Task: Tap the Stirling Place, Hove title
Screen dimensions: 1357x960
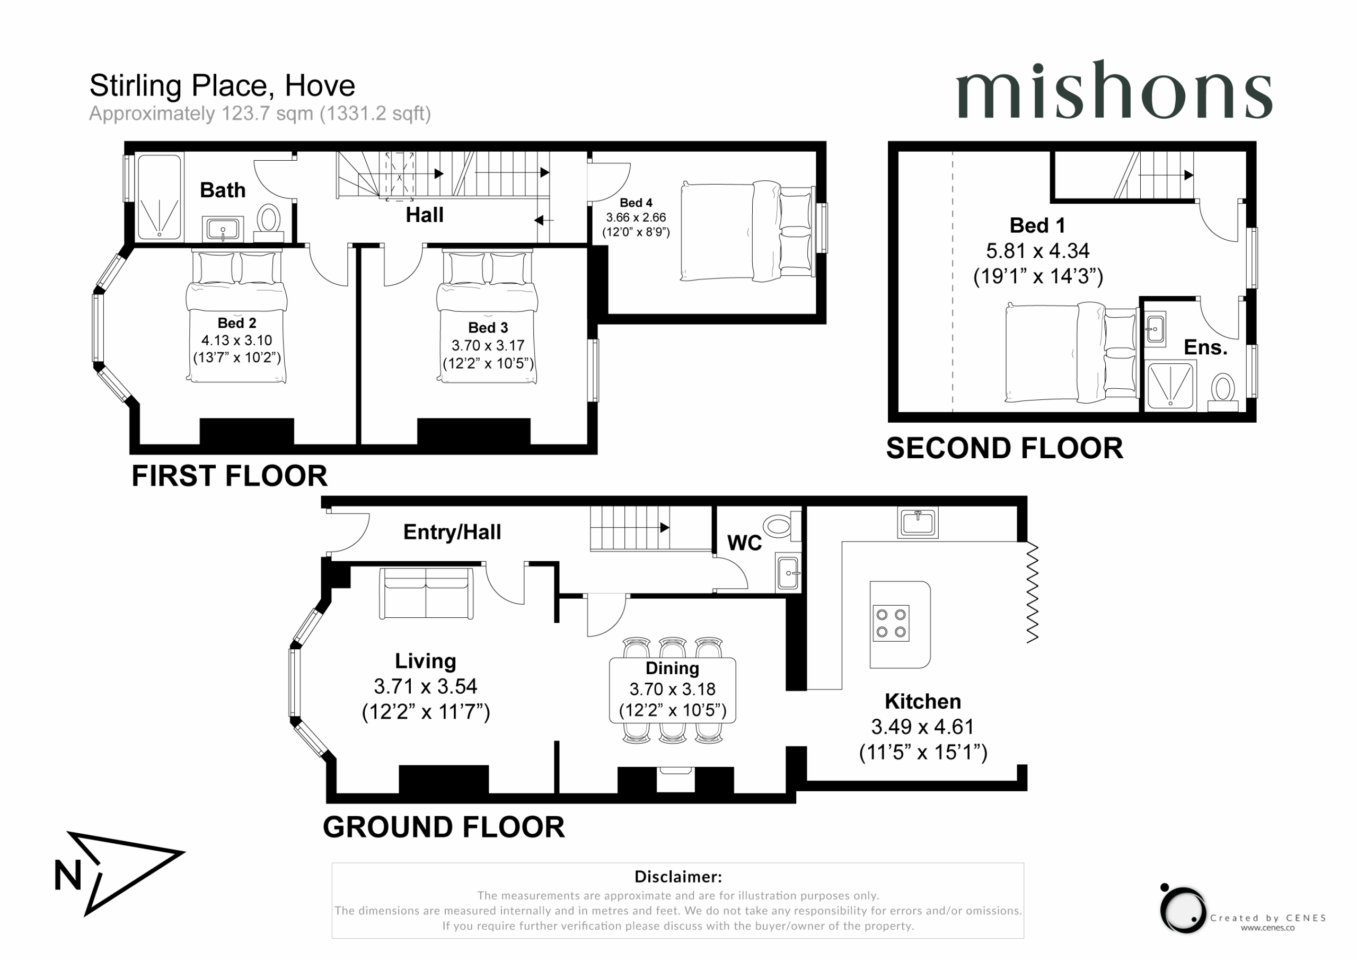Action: pyautogui.click(x=222, y=86)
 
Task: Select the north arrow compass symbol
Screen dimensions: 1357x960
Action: pyautogui.click(x=118, y=873)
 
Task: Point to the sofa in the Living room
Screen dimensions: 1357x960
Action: pyautogui.click(x=426, y=594)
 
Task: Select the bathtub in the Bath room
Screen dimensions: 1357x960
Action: pyautogui.click(x=160, y=197)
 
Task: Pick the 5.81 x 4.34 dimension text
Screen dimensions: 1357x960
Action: pyautogui.click(x=1038, y=251)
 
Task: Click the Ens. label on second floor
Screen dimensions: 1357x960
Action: pyautogui.click(x=1206, y=347)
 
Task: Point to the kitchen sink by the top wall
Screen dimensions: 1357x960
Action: pyautogui.click(x=918, y=522)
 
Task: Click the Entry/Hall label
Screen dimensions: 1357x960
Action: pyautogui.click(x=452, y=533)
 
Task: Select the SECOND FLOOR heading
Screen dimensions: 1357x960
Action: pyautogui.click(x=1004, y=448)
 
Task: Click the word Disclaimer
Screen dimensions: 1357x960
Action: pyautogui.click(x=678, y=877)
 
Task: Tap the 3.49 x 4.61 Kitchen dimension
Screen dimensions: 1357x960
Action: pyautogui.click(x=922, y=726)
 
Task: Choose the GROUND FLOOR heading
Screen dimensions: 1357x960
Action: pyautogui.click(x=444, y=827)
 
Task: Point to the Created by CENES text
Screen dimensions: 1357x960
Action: pyautogui.click(x=1268, y=918)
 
